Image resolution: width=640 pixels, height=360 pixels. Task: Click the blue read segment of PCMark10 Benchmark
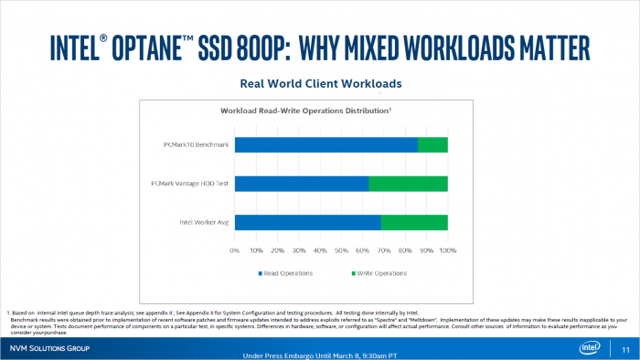click(326, 144)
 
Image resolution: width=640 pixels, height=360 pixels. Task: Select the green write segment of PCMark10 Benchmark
click(432, 144)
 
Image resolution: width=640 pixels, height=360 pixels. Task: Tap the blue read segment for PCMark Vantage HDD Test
click(302, 184)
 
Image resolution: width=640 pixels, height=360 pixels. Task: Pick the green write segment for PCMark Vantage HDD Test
click(408, 184)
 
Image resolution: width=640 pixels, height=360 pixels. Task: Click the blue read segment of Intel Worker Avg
click(307, 222)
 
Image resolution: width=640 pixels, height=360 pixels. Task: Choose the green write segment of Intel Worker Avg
click(414, 222)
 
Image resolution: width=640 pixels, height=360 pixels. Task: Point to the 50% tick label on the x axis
click(341, 249)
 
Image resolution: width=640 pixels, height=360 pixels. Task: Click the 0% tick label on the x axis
click(235, 249)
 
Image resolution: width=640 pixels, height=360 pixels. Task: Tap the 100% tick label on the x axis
click(447, 249)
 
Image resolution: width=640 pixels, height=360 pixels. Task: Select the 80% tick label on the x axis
click(405, 249)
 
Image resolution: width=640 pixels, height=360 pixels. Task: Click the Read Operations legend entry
click(284, 272)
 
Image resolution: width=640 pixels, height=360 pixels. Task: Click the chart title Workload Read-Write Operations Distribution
click(306, 111)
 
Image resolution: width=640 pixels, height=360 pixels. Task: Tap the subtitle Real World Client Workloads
click(320, 83)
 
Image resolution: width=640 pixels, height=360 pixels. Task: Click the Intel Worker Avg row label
click(204, 222)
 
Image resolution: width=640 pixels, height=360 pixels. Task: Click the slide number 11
click(625, 350)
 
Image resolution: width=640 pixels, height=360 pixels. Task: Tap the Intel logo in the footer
click(590, 348)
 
